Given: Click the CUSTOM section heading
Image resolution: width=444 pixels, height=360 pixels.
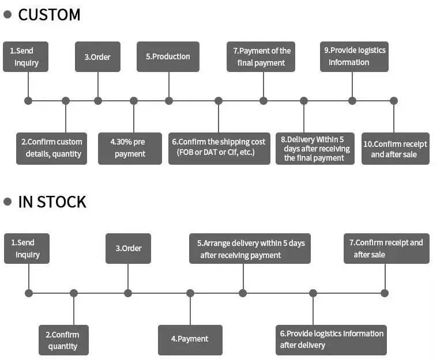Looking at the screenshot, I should coord(49,14).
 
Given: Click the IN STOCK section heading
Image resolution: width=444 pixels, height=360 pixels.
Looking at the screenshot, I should coord(52,202).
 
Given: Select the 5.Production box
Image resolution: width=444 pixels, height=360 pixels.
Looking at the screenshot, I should coord(168,56).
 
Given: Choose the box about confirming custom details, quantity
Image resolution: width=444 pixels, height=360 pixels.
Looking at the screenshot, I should coord(51,148).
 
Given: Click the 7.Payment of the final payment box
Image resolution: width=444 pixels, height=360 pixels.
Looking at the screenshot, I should coord(261,56).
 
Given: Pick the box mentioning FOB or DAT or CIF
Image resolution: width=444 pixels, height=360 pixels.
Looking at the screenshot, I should coord(219,148).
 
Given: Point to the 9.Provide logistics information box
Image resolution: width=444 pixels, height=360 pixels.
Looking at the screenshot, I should coord(353,56).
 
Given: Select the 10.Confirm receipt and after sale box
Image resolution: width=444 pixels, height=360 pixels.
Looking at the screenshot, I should coord(395,148).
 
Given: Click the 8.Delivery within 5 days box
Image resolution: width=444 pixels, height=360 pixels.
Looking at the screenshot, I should coord(315,148).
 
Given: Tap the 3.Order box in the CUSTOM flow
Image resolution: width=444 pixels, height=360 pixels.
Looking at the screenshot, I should coord(97,56).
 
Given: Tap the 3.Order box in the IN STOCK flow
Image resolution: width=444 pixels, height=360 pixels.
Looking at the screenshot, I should coord(128,248).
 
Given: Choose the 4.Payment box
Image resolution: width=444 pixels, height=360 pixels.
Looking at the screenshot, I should coord(190,339).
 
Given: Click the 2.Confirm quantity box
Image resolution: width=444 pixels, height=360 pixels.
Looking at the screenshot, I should coord(63,340).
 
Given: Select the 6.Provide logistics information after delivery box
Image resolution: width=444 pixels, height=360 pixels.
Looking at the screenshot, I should coord(331,339).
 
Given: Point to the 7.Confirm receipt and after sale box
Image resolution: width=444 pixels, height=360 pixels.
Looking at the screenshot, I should coord(386,248).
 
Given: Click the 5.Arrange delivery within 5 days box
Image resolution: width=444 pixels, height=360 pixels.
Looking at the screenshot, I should coord(250,248).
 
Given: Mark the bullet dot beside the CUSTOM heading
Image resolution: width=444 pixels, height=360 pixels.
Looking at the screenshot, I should coord(7,14).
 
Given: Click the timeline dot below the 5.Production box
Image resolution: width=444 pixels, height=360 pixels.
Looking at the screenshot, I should coord(169,101).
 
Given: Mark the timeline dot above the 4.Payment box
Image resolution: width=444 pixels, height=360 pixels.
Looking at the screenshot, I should coord(190,293).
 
